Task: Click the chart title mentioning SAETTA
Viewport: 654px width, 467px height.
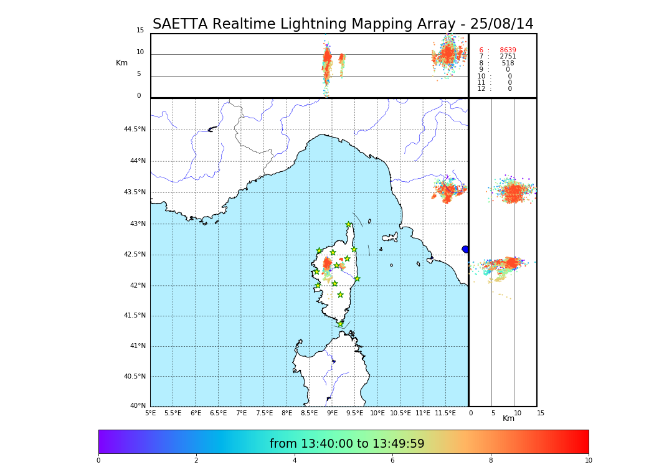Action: click(x=343, y=24)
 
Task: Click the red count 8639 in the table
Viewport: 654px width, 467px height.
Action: click(x=508, y=50)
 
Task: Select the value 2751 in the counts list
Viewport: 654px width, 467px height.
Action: click(x=508, y=57)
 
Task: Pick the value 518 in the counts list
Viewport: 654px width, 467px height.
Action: click(x=508, y=64)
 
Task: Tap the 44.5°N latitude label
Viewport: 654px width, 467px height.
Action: click(x=135, y=130)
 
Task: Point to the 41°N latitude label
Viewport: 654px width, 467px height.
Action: click(x=137, y=346)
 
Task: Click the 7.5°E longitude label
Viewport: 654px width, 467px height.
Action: click(x=264, y=413)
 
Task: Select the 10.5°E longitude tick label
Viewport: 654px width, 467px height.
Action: click(x=400, y=413)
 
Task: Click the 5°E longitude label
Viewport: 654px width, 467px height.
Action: click(x=150, y=413)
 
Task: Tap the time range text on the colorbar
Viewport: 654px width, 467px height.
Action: click(x=347, y=444)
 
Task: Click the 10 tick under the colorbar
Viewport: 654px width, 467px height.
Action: click(x=588, y=461)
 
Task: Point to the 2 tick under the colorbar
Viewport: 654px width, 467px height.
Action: click(x=196, y=461)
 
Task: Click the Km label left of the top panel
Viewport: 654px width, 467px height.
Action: click(x=121, y=63)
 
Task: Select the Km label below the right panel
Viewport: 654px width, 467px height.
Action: click(x=508, y=418)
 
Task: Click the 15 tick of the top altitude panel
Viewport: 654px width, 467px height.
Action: click(x=140, y=31)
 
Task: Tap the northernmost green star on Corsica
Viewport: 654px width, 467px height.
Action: click(x=349, y=225)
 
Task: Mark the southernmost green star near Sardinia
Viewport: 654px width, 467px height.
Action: click(x=340, y=324)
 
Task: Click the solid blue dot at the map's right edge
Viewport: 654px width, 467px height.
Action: click(x=465, y=249)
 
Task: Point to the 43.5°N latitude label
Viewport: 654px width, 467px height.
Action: click(x=135, y=192)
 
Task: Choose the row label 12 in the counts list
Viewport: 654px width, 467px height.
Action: click(x=481, y=89)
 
